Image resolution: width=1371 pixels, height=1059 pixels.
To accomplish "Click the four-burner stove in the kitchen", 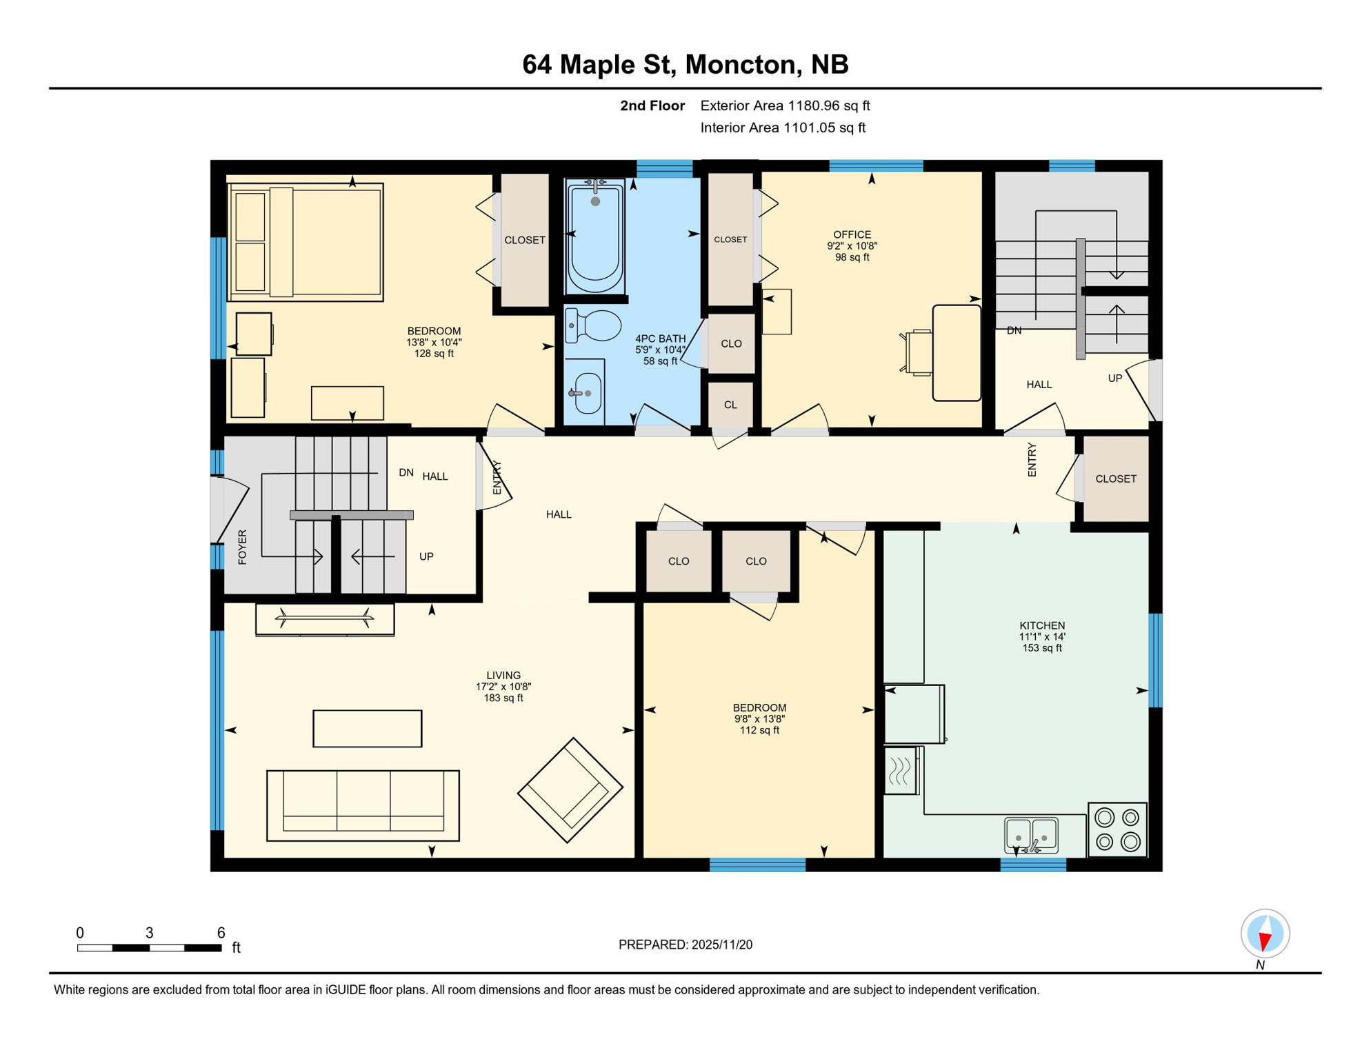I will (1117, 829).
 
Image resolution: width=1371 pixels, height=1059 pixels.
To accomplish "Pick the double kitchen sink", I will (1031, 835).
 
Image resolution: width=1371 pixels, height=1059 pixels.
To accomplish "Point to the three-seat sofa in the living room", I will (363, 805).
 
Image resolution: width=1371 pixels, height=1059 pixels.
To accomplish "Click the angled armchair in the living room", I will (570, 790).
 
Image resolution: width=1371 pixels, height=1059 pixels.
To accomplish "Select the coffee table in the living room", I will (367, 729).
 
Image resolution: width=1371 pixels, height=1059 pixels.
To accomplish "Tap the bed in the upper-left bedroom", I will (306, 242).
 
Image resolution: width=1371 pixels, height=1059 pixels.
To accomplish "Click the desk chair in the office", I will (917, 352).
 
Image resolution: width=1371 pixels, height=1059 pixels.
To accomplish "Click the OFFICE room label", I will (852, 234).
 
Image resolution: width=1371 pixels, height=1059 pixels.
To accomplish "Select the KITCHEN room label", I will (1041, 625).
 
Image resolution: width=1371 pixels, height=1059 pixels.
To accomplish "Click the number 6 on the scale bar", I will (221, 933).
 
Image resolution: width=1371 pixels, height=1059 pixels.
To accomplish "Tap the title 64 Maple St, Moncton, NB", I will (685, 65).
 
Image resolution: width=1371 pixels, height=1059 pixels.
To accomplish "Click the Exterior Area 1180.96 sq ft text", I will (785, 105).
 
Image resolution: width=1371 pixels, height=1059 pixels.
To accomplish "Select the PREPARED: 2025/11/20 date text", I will (685, 945).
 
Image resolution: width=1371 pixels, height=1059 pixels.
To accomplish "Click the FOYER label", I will (242, 547).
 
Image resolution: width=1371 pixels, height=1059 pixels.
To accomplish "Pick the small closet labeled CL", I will (730, 405).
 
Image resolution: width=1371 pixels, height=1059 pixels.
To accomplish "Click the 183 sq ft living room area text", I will (503, 698).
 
